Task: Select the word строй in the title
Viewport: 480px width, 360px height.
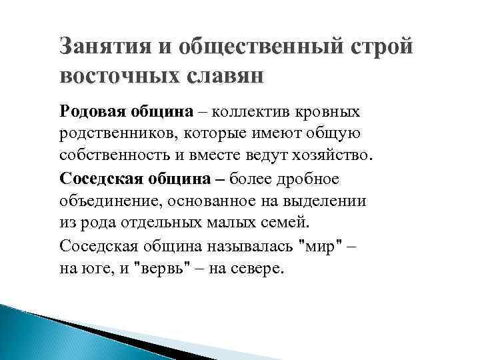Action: (x=383, y=48)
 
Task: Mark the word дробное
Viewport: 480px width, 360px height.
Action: (x=308, y=178)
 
